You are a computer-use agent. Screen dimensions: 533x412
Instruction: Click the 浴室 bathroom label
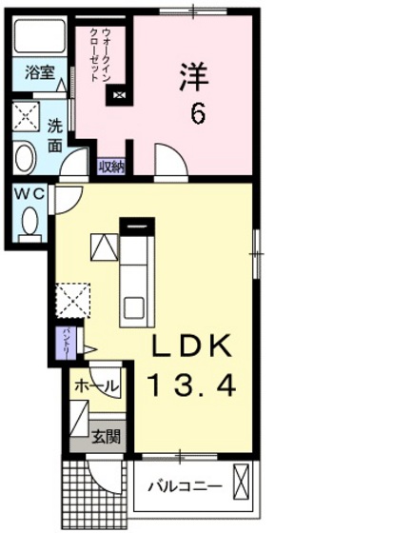point(38,72)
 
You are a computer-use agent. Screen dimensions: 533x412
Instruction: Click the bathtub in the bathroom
point(40,39)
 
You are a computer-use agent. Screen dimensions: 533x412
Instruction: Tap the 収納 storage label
point(111,167)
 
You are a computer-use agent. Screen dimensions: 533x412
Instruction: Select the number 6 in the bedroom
point(196,114)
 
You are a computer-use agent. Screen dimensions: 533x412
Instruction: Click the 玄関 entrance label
point(105,438)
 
